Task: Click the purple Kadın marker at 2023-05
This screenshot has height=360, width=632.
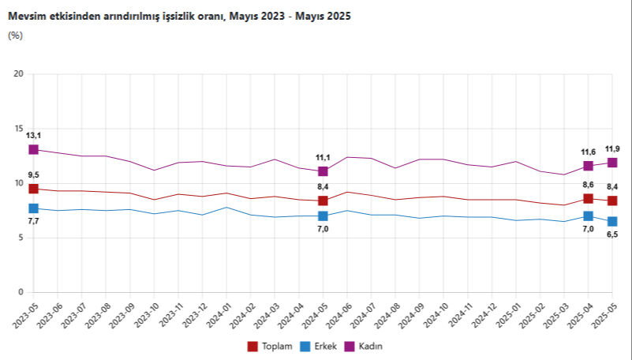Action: click(x=33, y=149)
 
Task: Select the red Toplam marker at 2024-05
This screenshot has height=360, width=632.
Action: click(x=323, y=201)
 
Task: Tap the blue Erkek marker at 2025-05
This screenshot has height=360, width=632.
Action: click(x=612, y=222)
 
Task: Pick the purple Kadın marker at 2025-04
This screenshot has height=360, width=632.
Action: click(x=588, y=166)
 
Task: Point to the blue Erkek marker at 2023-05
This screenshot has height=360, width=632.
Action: click(x=33, y=208)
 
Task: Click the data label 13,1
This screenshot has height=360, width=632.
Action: click(x=33, y=135)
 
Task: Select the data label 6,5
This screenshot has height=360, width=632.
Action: click(x=612, y=234)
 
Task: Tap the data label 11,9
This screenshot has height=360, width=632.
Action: click(x=612, y=148)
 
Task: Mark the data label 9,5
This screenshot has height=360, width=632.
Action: click(x=33, y=174)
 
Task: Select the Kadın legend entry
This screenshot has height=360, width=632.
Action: click(x=368, y=346)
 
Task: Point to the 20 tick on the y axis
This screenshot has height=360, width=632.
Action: click(x=20, y=74)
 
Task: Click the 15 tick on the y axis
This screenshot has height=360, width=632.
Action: click(x=20, y=129)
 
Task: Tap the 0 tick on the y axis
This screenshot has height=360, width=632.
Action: click(x=22, y=293)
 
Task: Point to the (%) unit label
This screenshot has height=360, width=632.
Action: click(x=15, y=35)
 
